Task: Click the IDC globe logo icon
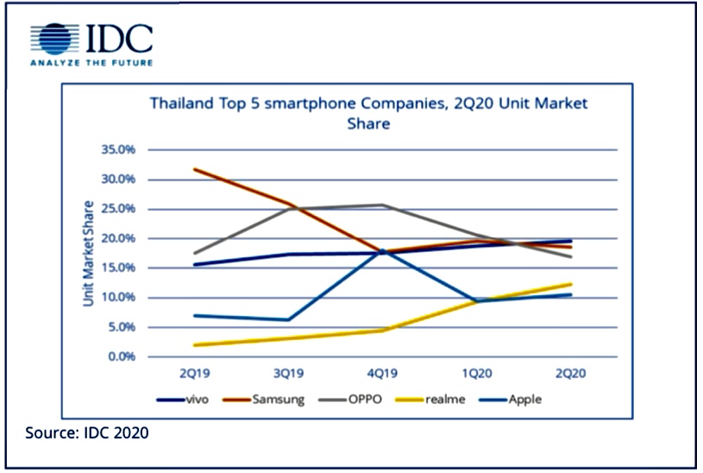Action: pyautogui.click(x=53, y=40)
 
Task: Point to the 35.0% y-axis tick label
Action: pyautogui.click(x=119, y=149)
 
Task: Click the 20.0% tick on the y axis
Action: pyautogui.click(x=119, y=238)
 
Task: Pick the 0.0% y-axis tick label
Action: pyautogui.click(x=122, y=356)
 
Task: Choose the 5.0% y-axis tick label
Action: pyautogui.click(x=122, y=327)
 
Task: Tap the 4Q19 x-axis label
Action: pyautogui.click(x=381, y=374)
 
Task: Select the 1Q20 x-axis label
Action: pyautogui.click(x=476, y=374)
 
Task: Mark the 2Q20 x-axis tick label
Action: pyautogui.click(x=570, y=374)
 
